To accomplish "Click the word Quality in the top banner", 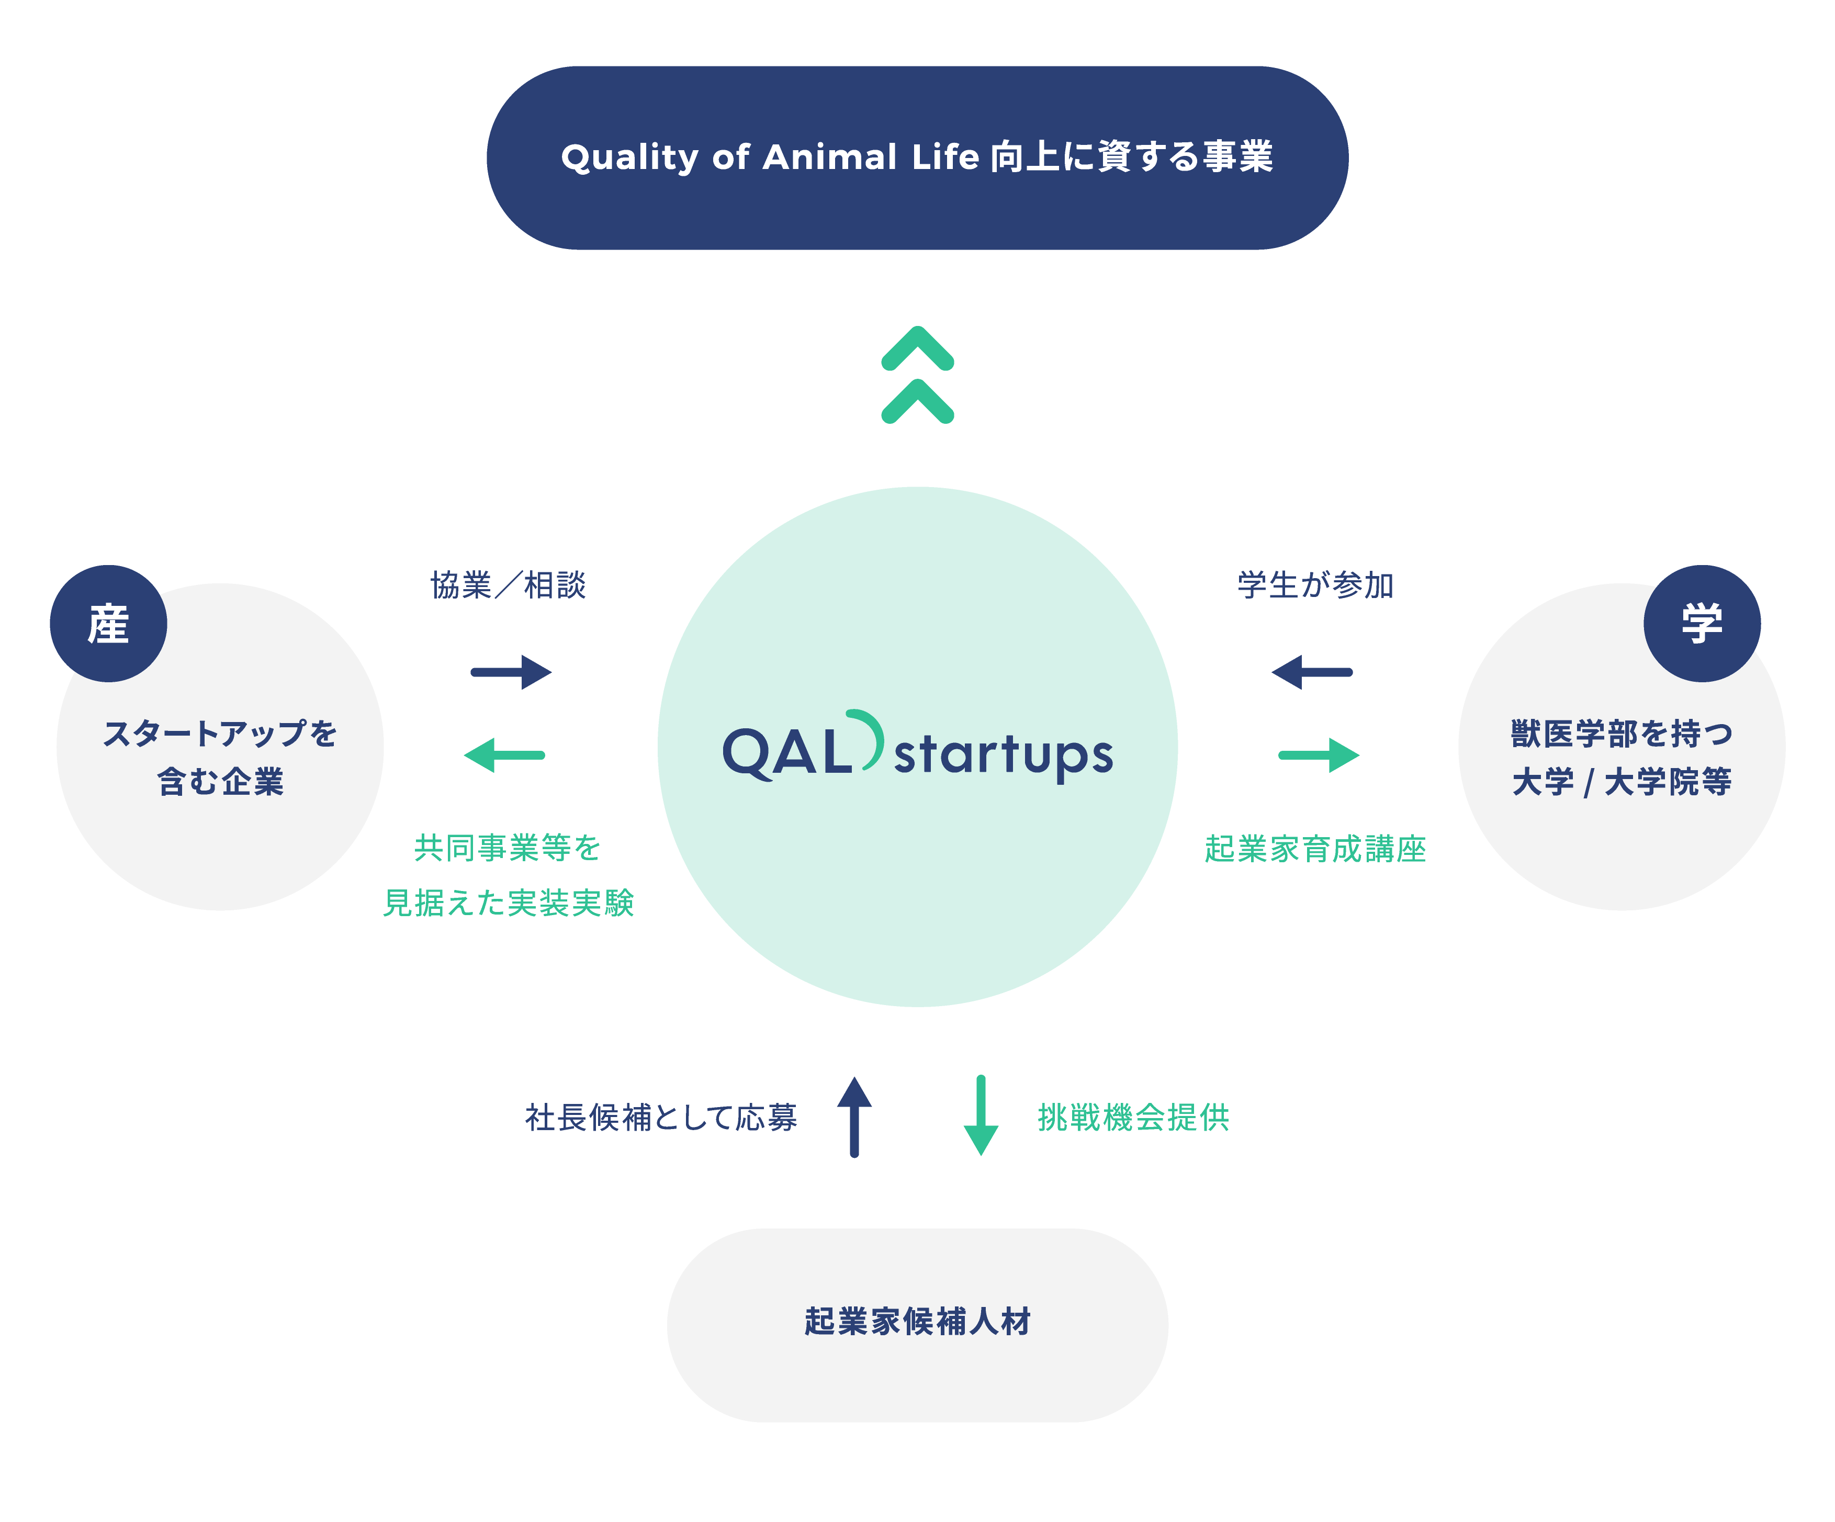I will [x=629, y=158].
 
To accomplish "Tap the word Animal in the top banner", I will [x=829, y=158].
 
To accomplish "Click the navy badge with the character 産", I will [x=108, y=624].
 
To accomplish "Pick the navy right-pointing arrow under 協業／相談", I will [x=511, y=672].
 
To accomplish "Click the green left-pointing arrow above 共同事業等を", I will [x=504, y=755].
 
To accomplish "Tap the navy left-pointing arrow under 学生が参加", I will [x=1312, y=672].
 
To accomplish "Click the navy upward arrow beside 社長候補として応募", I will [x=854, y=1117].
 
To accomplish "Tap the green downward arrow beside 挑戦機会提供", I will [x=981, y=1117].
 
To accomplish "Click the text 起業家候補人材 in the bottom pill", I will [x=918, y=1321].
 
